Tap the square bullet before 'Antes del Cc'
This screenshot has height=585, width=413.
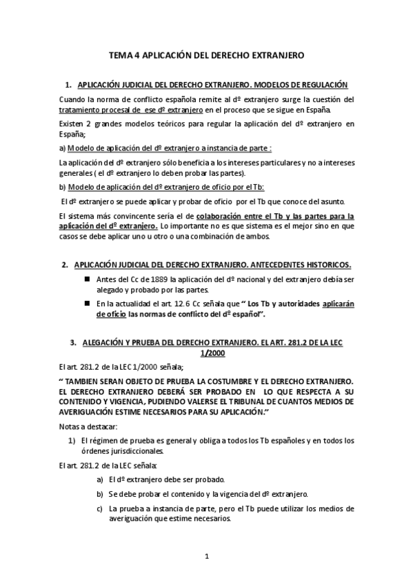coord(87,278)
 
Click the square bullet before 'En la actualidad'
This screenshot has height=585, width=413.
coord(87,303)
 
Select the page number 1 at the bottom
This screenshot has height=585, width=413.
coord(206,556)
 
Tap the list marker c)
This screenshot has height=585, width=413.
coord(101,508)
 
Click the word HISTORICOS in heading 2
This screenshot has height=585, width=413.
coord(325,265)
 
